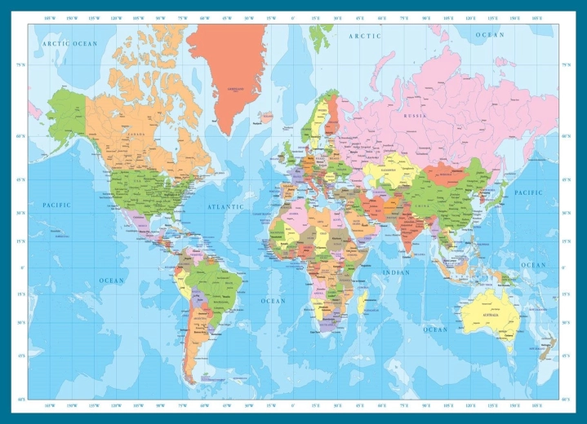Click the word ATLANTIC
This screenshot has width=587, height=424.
225,207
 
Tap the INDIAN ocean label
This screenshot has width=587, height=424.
396,272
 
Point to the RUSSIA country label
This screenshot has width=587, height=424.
416,116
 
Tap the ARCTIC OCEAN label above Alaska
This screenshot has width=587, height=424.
70,43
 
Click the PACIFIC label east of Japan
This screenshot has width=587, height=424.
528,192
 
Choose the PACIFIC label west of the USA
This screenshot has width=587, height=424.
57,205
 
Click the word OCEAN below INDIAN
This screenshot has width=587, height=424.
435,329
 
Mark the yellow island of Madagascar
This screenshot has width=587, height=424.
363,303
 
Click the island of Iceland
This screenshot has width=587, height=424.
264,119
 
